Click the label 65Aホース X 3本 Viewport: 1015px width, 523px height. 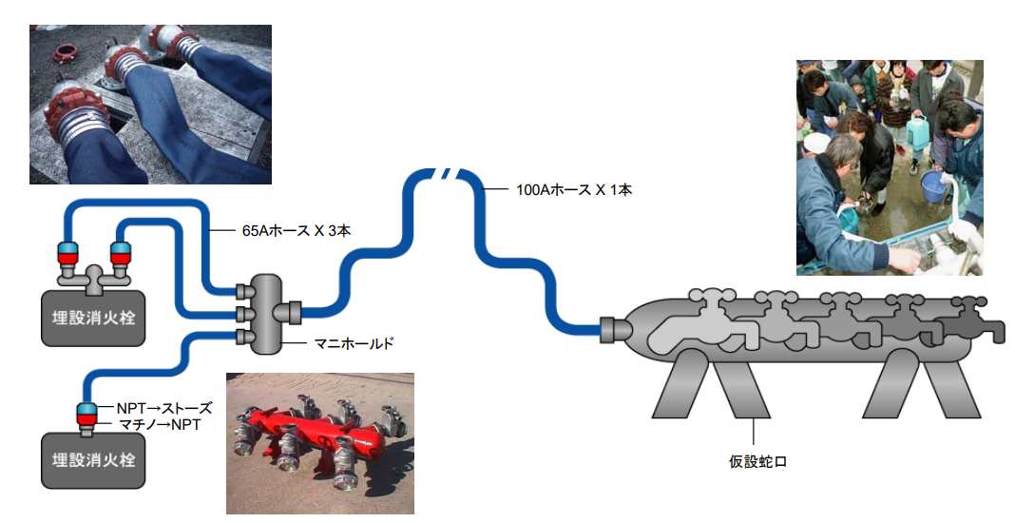pyautogui.click(x=297, y=230)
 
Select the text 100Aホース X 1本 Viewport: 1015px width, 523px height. pyautogui.click(x=573, y=190)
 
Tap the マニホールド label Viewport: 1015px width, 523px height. pyautogui.click(x=354, y=343)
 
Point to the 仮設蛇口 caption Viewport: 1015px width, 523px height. pyautogui.click(x=757, y=461)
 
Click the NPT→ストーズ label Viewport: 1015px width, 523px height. pyautogui.click(x=164, y=408)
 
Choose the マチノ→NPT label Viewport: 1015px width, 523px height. pyautogui.click(x=160, y=424)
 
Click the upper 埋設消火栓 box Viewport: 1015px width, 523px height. pyautogui.click(x=93, y=318)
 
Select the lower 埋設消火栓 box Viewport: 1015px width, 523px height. pyautogui.click(x=93, y=460)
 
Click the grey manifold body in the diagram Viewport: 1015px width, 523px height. pyautogui.click(x=265, y=314)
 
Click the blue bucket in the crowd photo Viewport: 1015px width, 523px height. pyautogui.click(x=934, y=186)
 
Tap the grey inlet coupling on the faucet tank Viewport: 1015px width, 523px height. pyautogui.click(x=612, y=329)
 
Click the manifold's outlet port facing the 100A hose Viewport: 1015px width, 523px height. pyautogui.click(x=289, y=312)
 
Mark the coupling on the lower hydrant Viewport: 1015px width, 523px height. pyautogui.click(x=86, y=416)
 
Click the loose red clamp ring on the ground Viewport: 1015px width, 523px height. pyautogui.click(x=64, y=51)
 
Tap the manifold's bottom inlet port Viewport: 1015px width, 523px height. pyautogui.click(x=242, y=337)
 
